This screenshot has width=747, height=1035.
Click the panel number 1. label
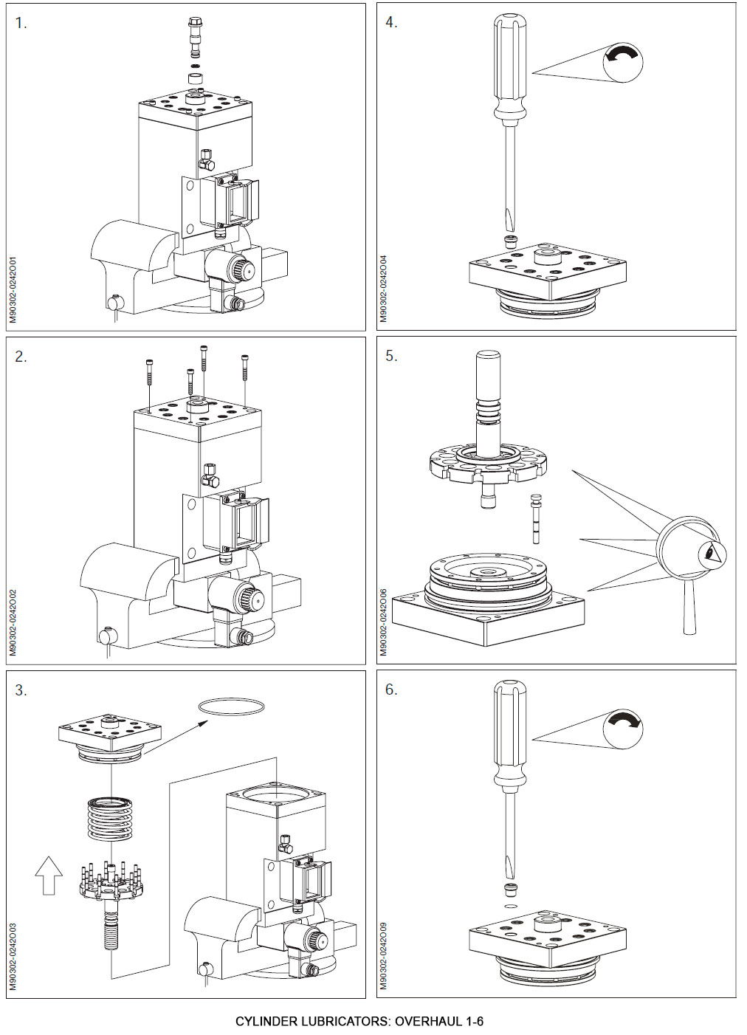point(21,23)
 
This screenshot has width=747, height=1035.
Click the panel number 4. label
point(391,23)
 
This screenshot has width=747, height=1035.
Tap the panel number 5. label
point(391,356)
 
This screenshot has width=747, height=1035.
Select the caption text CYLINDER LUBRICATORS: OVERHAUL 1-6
point(359,1022)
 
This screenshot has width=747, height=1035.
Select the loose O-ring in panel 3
point(231,706)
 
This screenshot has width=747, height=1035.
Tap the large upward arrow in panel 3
point(49,874)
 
